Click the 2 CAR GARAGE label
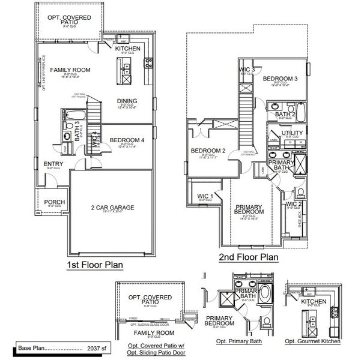[x=113, y=208]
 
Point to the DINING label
[x=127, y=101]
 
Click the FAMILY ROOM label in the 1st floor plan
[x=70, y=70]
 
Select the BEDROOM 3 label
[x=280, y=79]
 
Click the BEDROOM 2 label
[x=208, y=151]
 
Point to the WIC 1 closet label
[x=204, y=196]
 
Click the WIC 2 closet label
[x=294, y=204]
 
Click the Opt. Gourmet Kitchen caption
[x=312, y=341]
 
